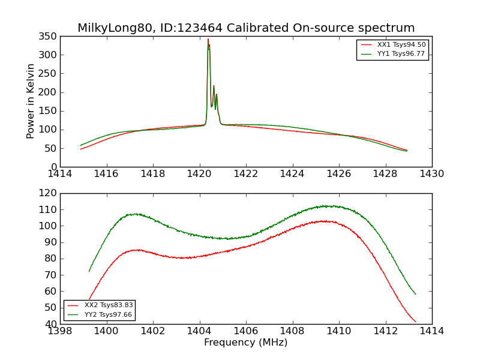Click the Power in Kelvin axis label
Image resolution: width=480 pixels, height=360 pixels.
pos(31,101)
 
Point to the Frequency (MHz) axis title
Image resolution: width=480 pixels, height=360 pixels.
pos(245,343)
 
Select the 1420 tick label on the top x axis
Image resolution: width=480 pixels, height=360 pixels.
pos(200,174)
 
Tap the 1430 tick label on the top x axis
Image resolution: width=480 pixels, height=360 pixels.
pos(431,174)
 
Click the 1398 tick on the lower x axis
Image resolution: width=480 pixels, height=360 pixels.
pos(60,331)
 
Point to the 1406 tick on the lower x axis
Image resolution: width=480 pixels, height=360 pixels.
pos(246,331)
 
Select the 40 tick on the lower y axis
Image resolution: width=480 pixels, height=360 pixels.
pos(50,324)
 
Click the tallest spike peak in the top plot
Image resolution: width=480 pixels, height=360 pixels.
pos(208,40)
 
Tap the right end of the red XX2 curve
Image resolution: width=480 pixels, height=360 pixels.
pos(415,322)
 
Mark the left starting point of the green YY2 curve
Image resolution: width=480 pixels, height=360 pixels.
pos(89,271)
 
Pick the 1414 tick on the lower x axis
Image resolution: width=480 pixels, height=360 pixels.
pos(431,331)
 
